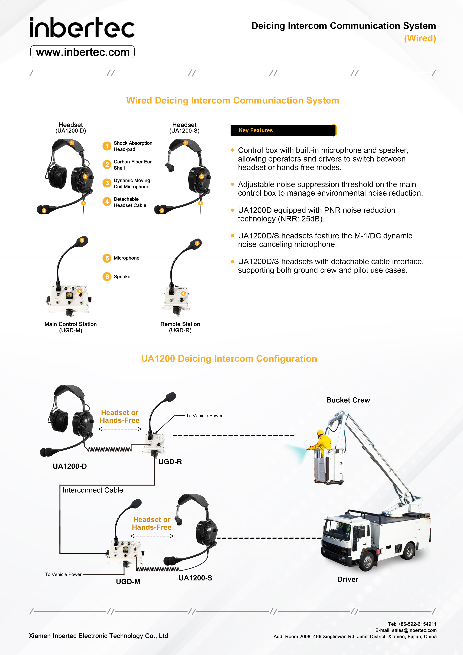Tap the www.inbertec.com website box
point(83,52)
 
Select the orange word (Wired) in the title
point(420,38)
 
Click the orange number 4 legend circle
point(107,202)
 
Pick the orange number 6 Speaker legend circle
point(107,277)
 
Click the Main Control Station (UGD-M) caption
point(71,327)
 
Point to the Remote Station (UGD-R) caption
point(180,327)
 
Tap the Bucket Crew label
point(348,400)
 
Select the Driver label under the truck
point(348,579)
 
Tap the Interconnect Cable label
point(93,490)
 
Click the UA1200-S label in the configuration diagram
point(195,578)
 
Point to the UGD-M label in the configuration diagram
point(128,582)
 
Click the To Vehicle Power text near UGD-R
point(204,416)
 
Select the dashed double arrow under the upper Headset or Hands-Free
point(120,429)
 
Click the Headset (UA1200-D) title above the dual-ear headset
point(71,128)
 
